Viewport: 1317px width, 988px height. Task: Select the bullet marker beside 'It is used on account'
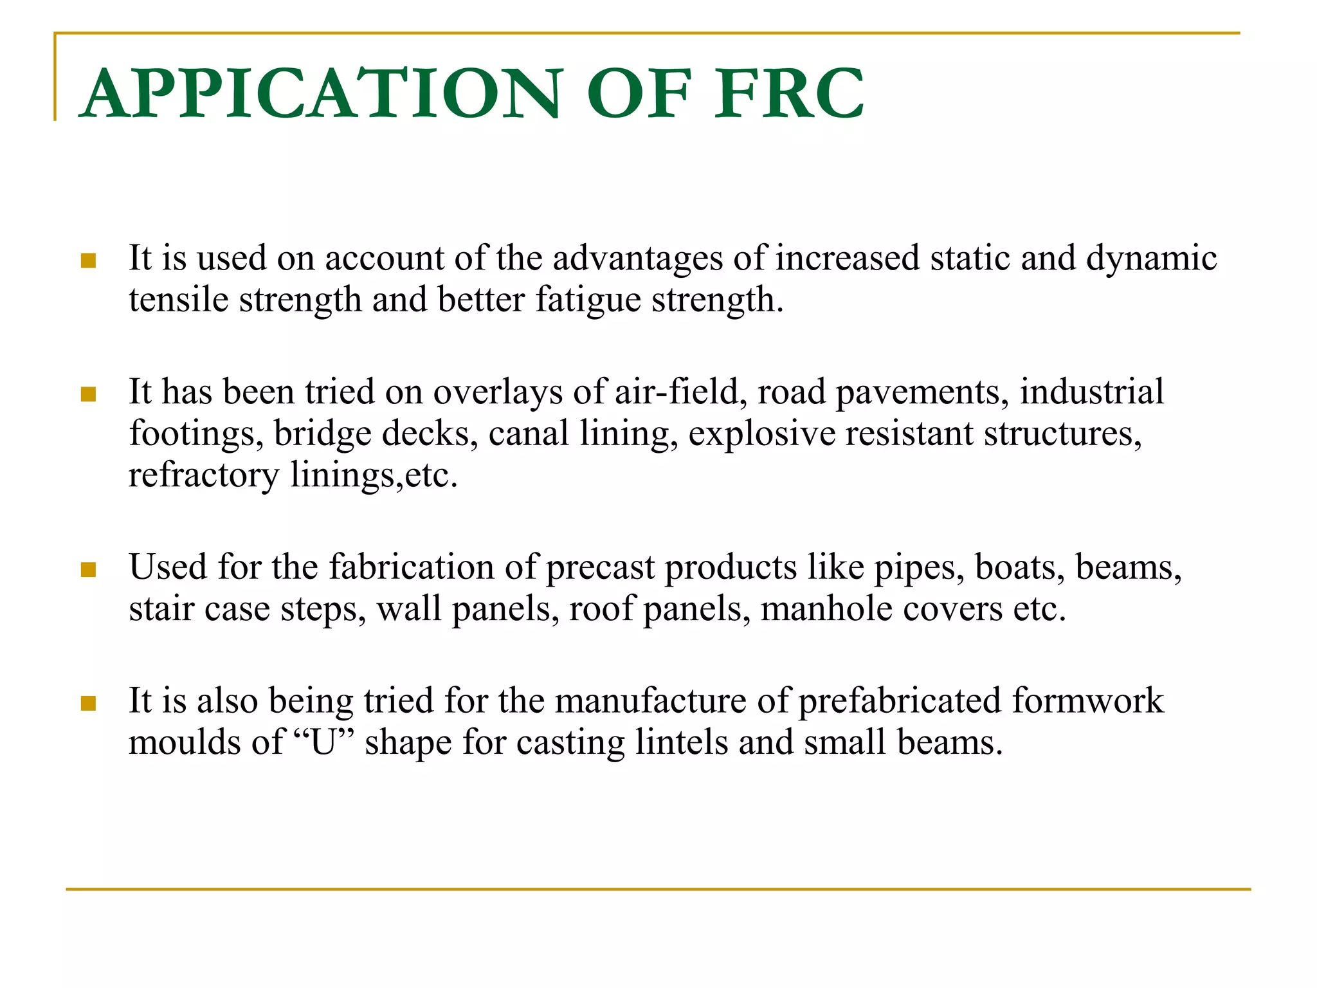tap(88, 261)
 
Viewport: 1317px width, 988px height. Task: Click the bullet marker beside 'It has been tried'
tap(88, 394)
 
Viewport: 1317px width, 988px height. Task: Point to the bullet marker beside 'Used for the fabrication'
tap(88, 569)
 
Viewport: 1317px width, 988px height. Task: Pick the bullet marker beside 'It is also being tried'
tap(88, 703)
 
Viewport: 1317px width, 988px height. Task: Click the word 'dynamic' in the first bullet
tap(1151, 259)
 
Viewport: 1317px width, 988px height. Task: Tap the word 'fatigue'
tap(588, 300)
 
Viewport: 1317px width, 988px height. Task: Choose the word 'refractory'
tap(204, 476)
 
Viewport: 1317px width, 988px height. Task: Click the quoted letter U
tap(324, 742)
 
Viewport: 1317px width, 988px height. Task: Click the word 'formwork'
tap(1088, 701)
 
